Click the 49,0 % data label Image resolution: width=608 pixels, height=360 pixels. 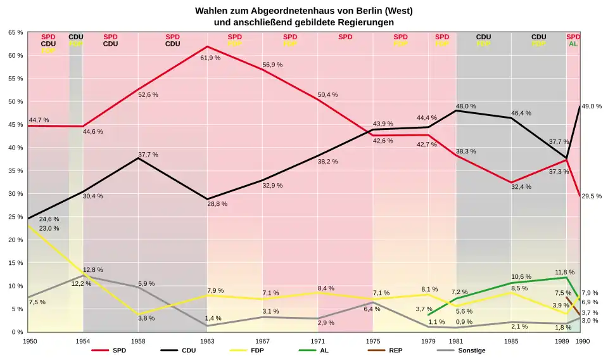[x=592, y=106]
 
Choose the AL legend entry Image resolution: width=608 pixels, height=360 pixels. [x=324, y=350]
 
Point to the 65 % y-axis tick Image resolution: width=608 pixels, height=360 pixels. [x=15, y=32]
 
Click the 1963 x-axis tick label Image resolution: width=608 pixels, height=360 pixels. [x=207, y=341]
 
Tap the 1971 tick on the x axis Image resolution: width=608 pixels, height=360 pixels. [x=318, y=341]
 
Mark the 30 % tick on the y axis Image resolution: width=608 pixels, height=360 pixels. [x=15, y=194]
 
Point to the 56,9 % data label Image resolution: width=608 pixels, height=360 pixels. [x=272, y=65]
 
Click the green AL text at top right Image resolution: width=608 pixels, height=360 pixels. [x=573, y=44]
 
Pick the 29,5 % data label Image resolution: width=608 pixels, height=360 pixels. [x=592, y=196]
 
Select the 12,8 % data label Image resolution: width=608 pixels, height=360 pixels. [x=92, y=270]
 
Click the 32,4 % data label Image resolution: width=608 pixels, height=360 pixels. [x=521, y=187]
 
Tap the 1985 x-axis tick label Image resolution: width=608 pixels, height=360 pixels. [x=511, y=341]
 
